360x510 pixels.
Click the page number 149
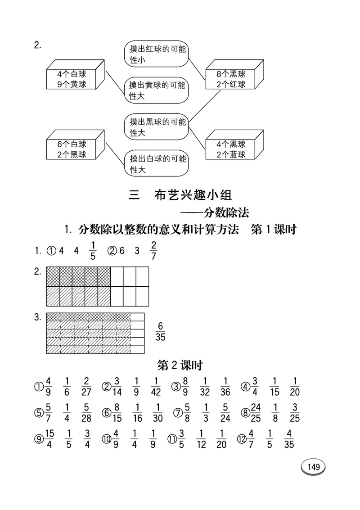pos(314,466)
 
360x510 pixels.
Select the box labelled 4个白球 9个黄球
pos(72,79)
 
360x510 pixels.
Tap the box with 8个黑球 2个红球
pos(231,79)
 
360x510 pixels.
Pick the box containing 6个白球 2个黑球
pos(72,149)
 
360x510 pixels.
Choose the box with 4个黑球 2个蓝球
pos(231,149)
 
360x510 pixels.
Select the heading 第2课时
pos(180,365)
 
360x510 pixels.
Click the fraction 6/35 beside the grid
pos(161,331)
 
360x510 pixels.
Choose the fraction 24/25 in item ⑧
pos(256,414)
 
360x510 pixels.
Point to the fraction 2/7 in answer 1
pos(154,250)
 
